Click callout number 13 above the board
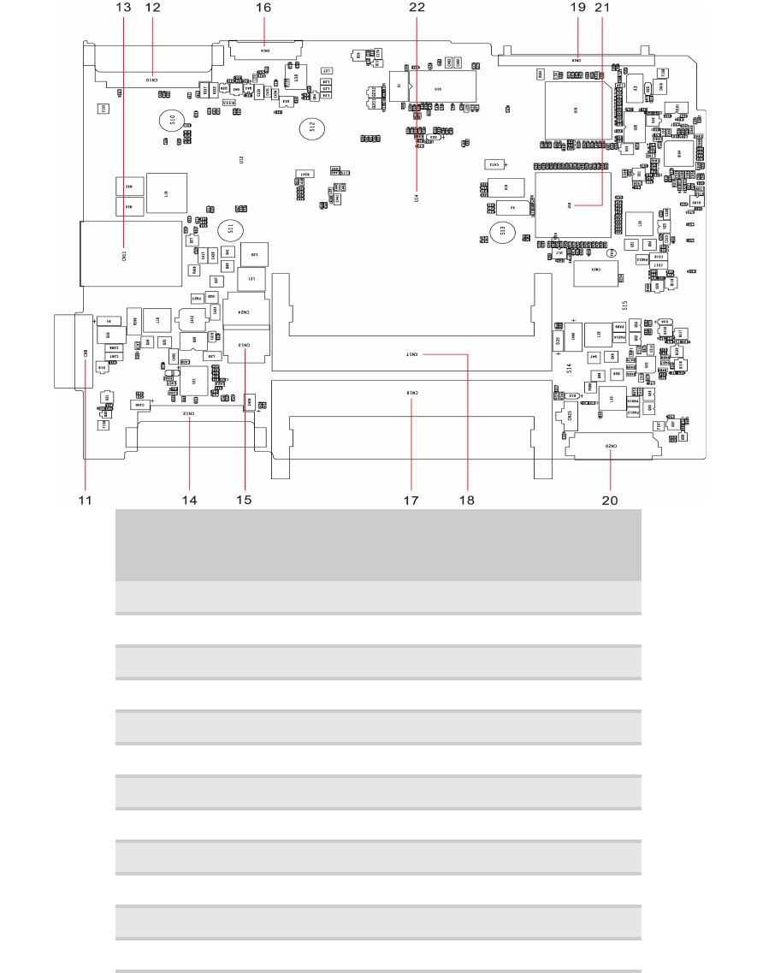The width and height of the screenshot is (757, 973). tap(124, 7)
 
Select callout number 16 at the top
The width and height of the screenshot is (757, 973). tap(263, 7)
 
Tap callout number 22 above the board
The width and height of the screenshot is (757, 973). tap(417, 7)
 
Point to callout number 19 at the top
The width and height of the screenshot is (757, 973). tap(577, 7)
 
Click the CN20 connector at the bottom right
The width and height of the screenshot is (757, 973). tap(612, 447)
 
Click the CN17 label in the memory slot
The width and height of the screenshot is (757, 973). tap(412, 353)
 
